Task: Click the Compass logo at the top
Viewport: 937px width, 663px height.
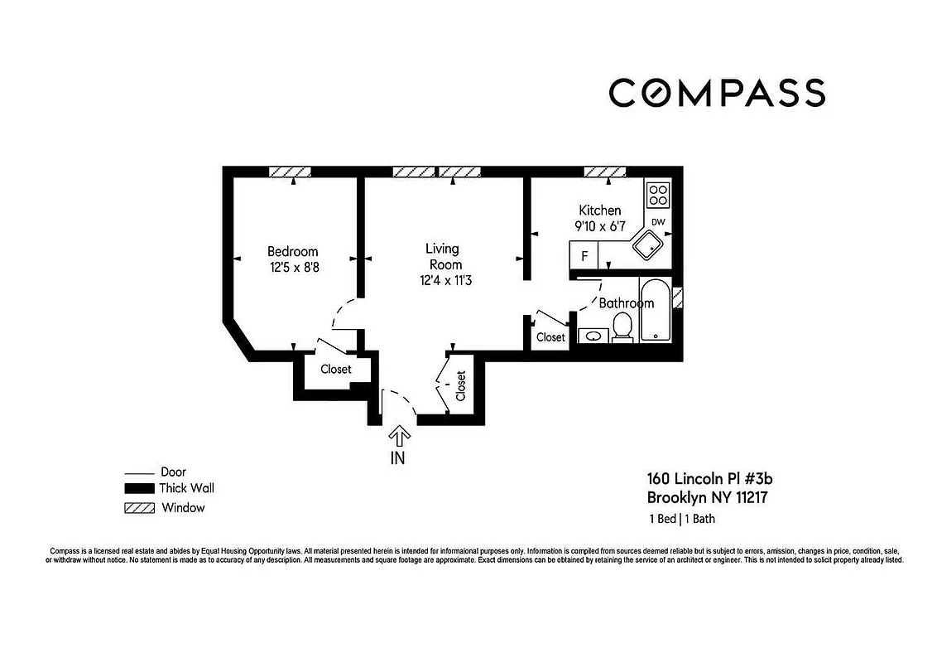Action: click(x=717, y=92)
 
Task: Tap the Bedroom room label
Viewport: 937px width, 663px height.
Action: click(x=292, y=251)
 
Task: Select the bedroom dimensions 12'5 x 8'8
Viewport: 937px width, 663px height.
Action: click(x=292, y=267)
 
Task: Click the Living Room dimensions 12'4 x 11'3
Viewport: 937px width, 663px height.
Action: click(x=442, y=280)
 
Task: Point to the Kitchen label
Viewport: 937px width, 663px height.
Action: click(x=599, y=211)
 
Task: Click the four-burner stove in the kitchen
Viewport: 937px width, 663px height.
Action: click(x=658, y=195)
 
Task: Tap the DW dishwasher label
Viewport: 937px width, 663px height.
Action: click(x=658, y=222)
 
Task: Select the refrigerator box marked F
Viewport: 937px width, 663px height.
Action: click(x=584, y=256)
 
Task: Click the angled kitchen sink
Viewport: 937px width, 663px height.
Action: click(x=649, y=245)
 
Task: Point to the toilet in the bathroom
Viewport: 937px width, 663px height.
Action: click(x=622, y=328)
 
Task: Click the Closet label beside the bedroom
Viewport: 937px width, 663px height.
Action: click(x=335, y=369)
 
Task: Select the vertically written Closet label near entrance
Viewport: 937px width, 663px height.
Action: click(x=460, y=386)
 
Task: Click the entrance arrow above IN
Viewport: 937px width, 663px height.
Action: click(x=399, y=436)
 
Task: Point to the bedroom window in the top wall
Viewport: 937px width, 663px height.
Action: click(x=290, y=172)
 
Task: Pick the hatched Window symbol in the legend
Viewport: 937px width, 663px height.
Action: click(x=138, y=507)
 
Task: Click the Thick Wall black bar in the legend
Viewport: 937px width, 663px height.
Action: click(x=138, y=488)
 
